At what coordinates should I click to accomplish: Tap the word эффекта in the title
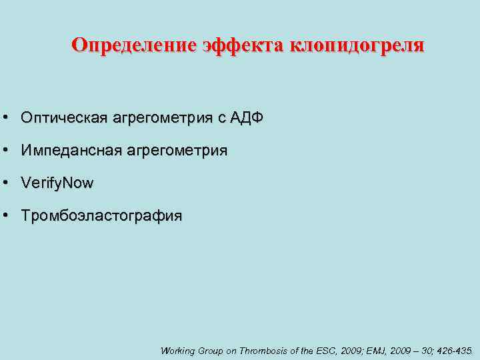[241, 45]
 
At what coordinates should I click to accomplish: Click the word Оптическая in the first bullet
[64, 118]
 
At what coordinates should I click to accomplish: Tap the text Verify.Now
[57, 183]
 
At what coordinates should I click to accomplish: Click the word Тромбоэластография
[101, 216]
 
